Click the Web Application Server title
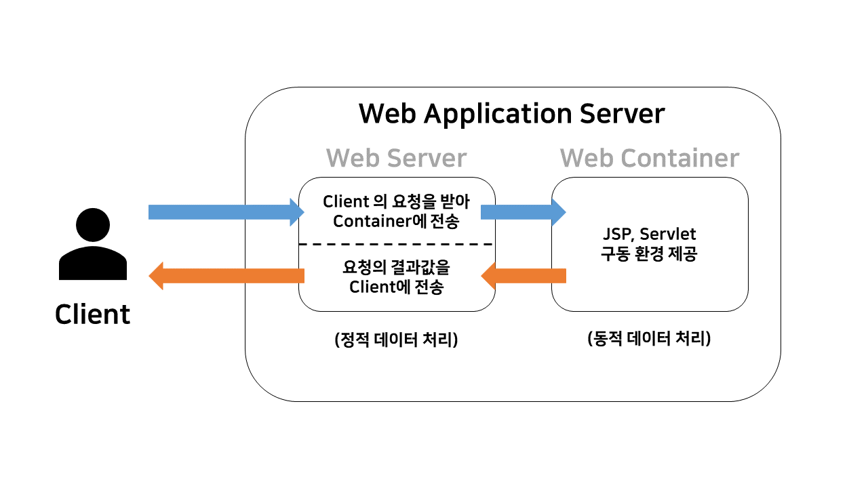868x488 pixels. point(512,113)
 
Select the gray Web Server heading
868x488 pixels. point(396,158)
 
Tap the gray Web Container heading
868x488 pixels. point(649,158)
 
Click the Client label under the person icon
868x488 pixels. point(92,314)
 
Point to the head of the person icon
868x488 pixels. point(93,225)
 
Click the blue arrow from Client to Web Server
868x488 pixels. point(224,211)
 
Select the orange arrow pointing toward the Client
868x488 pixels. point(224,276)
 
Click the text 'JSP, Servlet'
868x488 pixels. point(650,235)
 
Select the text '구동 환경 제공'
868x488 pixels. point(650,255)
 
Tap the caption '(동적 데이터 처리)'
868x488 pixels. point(649,339)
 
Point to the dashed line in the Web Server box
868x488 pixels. point(397,244)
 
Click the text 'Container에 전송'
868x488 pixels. point(397,222)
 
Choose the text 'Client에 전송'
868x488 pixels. point(397,286)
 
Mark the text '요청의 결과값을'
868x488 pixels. point(397,266)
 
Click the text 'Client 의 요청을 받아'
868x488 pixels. point(397,201)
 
